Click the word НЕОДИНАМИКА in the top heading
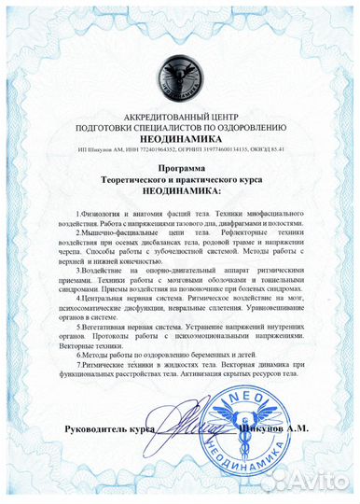pos(180,133)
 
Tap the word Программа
pos(180,169)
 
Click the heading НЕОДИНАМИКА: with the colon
pos(180,191)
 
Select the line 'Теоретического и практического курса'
pos(180,180)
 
